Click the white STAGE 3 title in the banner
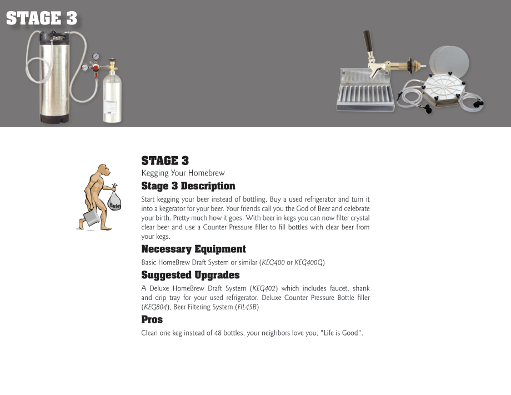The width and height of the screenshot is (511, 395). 42,18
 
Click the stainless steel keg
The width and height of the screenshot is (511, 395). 54,77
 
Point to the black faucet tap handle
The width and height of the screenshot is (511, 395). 368,41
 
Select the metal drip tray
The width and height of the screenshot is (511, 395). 365,90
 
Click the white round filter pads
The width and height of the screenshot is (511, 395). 449,62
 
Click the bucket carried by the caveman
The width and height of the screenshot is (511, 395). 92,217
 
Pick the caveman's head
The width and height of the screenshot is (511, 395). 104,170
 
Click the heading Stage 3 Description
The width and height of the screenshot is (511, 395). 188,186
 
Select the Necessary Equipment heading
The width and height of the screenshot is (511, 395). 193,249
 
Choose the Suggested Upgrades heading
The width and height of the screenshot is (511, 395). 191,276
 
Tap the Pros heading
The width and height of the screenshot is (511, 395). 152,319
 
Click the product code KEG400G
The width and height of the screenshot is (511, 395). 308,263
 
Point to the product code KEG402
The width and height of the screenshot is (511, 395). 264,288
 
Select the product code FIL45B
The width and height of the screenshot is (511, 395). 247,307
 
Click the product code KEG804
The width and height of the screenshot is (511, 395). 156,307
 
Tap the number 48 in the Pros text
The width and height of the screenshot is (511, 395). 218,333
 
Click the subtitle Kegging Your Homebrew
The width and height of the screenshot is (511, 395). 183,173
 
